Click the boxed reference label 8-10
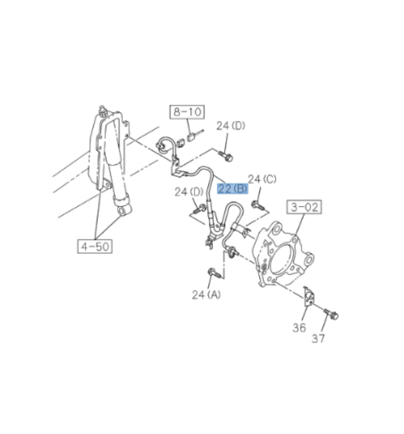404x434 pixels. tap(187, 112)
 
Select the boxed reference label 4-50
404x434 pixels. tap(95, 246)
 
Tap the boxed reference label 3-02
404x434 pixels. tap(305, 207)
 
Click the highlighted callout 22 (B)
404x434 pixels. tap(233, 189)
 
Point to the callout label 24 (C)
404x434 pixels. tap(262, 179)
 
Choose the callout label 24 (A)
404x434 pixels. tap(206, 295)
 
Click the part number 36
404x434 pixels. tap(299, 327)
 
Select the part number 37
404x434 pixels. tap(318, 339)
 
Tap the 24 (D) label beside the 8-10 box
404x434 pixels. tap(231, 126)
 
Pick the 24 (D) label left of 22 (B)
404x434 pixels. tap(189, 192)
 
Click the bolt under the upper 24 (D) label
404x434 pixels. tap(226, 156)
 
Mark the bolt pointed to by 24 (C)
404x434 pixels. tap(258, 206)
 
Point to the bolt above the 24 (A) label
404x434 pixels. tap(214, 273)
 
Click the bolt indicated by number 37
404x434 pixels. tap(331, 314)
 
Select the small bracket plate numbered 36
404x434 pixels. tap(309, 296)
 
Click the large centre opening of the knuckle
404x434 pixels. tap(281, 260)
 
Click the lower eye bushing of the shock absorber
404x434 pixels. tap(123, 210)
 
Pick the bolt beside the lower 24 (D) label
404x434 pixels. tap(200, 209)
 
